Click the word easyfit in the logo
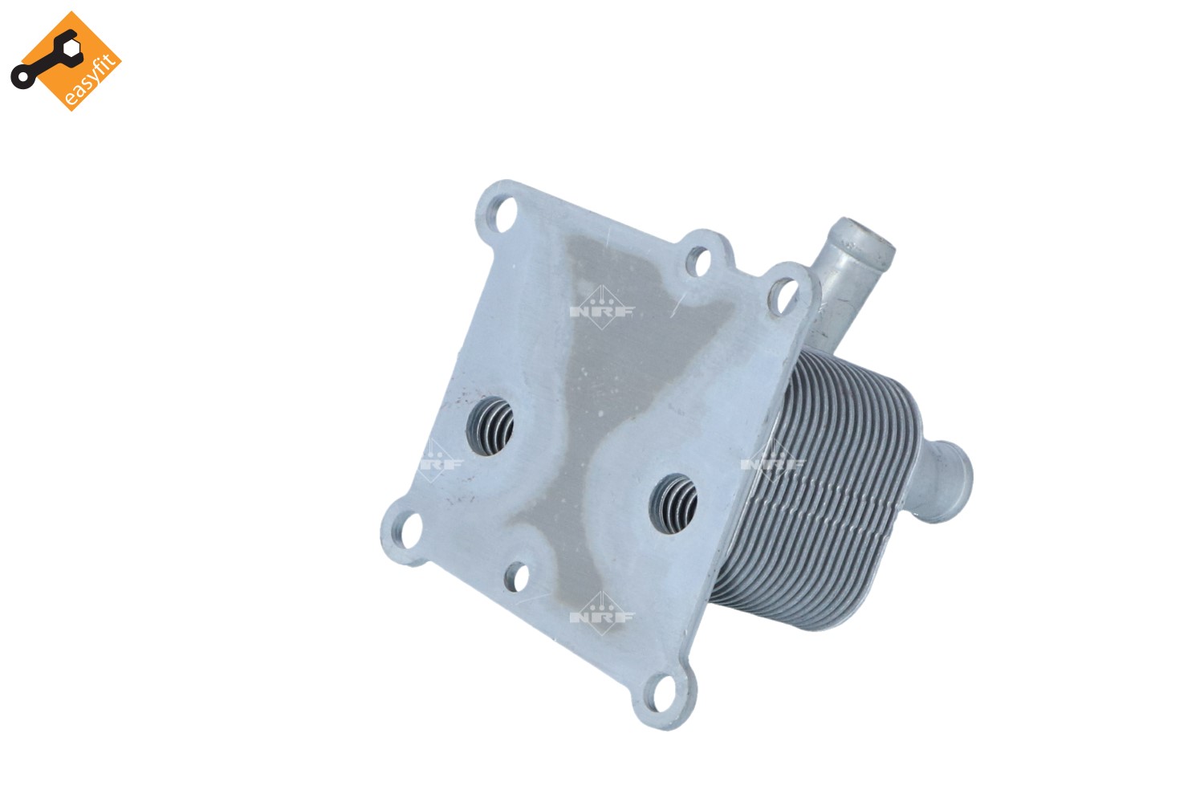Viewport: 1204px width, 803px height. [x=89, y=79]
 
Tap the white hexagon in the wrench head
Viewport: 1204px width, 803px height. [x=71, y=47]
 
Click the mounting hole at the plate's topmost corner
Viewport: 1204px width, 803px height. [x=502, y=214]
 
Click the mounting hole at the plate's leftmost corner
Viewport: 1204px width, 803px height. [x=409, y=531]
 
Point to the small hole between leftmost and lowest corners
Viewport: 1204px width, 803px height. [x=516, y=577]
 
